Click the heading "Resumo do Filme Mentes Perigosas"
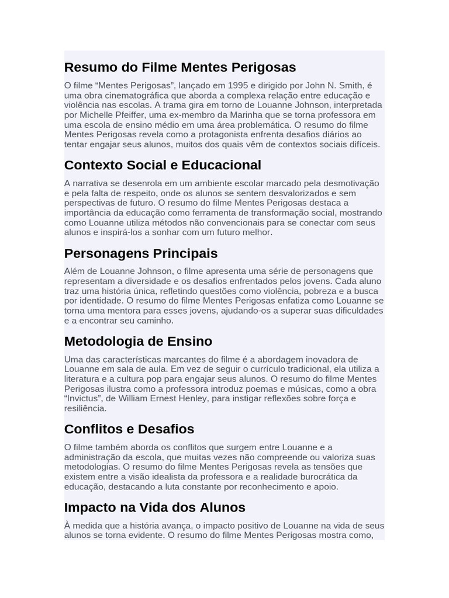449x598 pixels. click(180, 67)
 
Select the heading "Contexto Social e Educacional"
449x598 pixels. click(163, 165)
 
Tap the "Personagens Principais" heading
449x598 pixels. click(141, 253)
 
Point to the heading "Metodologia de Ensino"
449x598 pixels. click(138, 341)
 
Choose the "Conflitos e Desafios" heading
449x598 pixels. click(129, 429)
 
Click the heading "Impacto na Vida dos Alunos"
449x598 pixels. click(155, 507)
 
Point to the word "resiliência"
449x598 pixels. click(85, 409)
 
